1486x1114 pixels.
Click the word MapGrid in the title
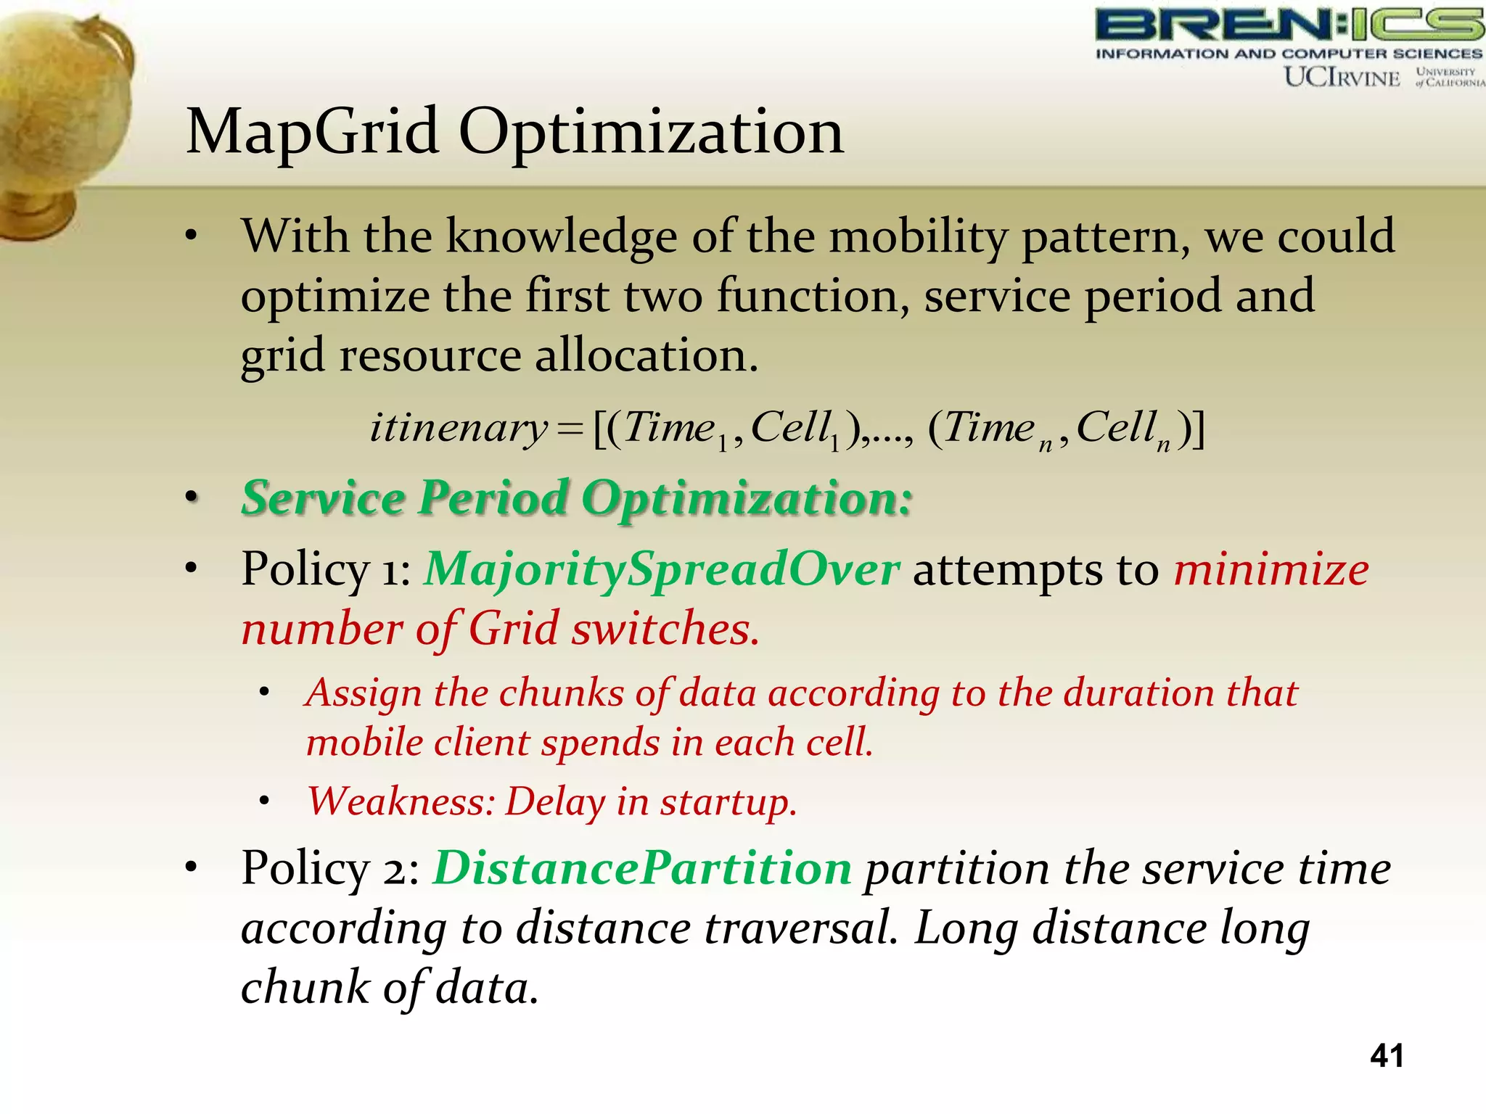click(x=312, y=133)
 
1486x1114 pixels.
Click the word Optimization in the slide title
click(x=651, y=133)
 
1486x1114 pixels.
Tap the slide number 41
click(x=1386, y=1055)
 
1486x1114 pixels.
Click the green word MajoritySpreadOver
click(x=662, y=569)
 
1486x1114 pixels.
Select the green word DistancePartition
click(x=642, y=868)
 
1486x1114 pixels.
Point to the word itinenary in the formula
click(x=458, y=428)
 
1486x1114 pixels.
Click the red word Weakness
click(x=401, y=802)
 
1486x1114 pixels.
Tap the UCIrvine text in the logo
click(x=1342, y=77)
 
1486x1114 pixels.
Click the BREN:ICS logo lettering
click(x=1288, y=26)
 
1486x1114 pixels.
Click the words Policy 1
click(x=325, y=569)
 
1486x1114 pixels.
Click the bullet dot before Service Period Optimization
click(x=191, y=499)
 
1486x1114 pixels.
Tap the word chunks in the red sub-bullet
click(x=560, y=693)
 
